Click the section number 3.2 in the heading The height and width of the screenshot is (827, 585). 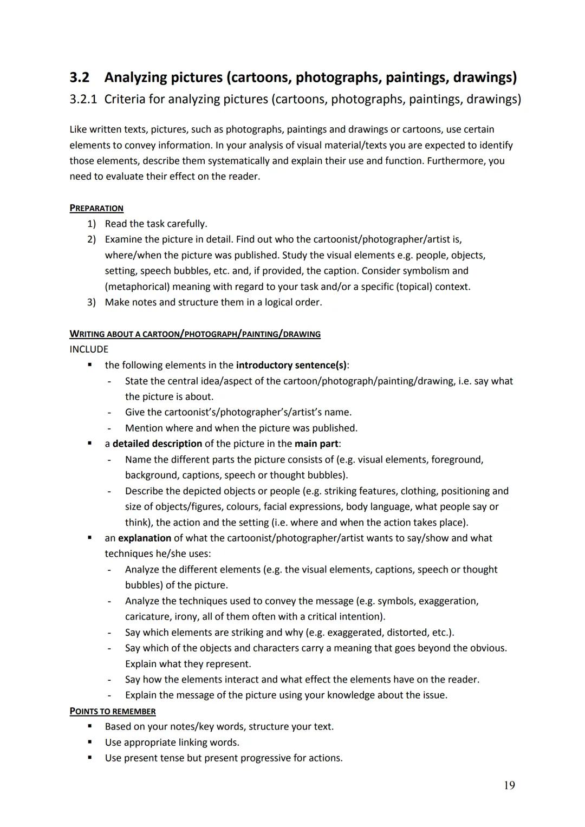click(79, 77)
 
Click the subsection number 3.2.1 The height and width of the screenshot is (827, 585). click(83, 99)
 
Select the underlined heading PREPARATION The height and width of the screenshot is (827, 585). click(96, 208)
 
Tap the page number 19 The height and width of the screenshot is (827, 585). click(509, 785)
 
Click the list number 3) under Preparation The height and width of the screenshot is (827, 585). click(92, 302)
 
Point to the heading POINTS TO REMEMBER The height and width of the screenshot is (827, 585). click(113, 711)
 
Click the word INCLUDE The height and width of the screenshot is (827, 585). click(89, 349)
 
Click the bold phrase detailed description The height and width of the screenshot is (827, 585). click(157, 444)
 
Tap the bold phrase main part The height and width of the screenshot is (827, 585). click(317, 444)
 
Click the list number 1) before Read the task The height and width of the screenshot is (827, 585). click(92, 224)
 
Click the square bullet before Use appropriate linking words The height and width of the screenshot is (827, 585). click(90, 742)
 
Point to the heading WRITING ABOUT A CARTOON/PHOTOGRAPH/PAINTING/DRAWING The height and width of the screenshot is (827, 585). click(195, 334)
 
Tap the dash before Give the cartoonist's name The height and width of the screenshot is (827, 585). click(109, 413)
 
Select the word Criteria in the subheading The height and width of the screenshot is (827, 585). click(125, 99)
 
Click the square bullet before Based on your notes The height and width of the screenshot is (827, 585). click(90, 726)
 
